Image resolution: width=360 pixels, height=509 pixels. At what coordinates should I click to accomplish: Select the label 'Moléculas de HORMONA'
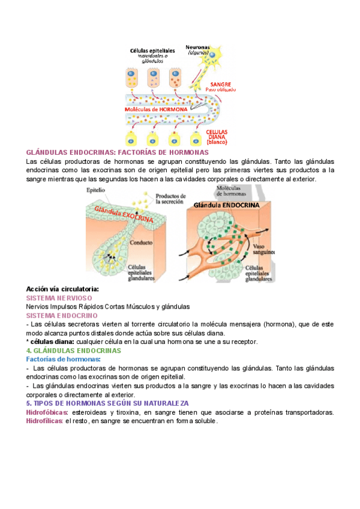click(156, 110)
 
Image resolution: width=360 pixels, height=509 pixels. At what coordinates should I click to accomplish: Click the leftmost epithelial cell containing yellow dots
click(132, 77)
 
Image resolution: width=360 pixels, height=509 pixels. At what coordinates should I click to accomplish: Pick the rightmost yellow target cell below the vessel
click(195, 139)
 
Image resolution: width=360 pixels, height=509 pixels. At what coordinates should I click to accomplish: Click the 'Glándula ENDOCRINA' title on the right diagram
click(226, 205)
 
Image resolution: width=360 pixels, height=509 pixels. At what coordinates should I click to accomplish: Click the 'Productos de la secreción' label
click(171, 199)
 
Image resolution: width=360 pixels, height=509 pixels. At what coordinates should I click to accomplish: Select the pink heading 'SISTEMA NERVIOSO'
click(59, 298)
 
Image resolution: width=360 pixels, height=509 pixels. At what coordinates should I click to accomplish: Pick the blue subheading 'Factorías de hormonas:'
click(64, 359)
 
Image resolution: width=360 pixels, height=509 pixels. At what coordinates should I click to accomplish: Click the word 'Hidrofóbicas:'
click(47, 412)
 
